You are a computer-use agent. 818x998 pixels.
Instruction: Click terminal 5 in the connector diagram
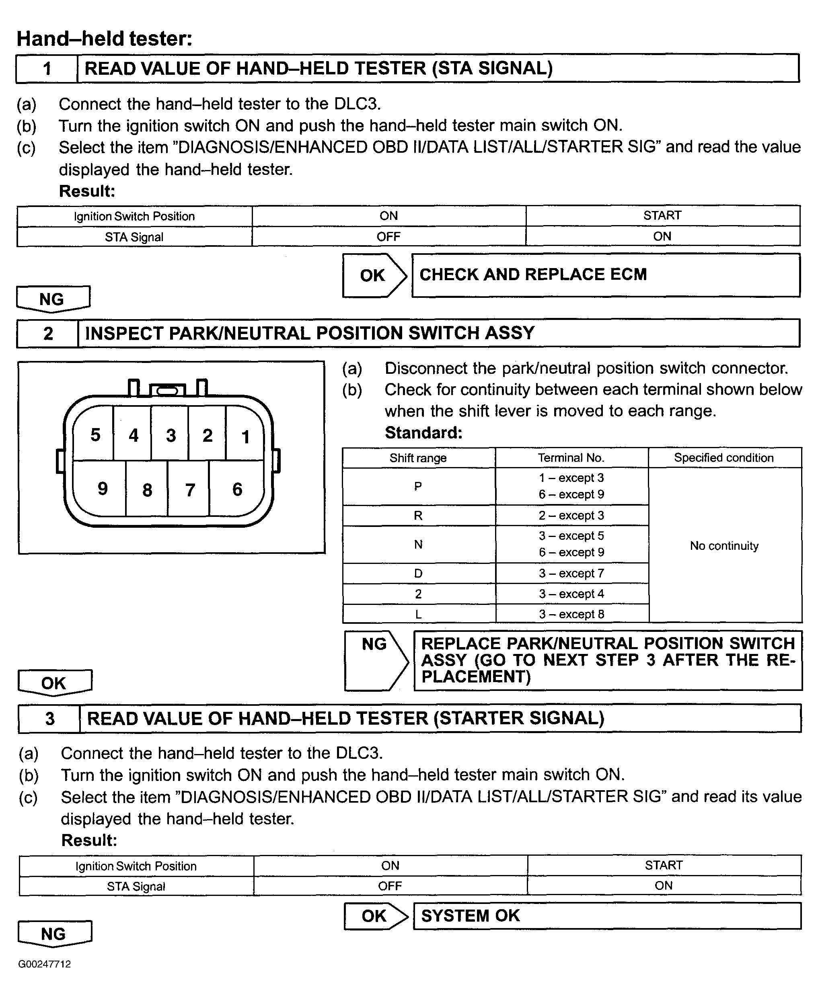pos(95,435)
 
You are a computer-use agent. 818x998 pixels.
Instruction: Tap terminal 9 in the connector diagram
pos(102,489)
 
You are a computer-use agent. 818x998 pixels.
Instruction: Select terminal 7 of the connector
pos(190,490)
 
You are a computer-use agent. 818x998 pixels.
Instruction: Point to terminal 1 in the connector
pos(245,436)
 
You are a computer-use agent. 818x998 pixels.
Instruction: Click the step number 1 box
pos(47,69)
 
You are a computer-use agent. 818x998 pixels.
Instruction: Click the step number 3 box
pos(49,719)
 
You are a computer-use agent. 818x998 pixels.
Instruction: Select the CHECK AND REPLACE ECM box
pos(606,275)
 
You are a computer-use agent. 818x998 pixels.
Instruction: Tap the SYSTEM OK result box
pos(607,916)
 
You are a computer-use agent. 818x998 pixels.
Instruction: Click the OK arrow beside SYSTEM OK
pos(376,916)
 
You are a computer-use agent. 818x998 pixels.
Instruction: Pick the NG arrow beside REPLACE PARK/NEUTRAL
pos(376,660)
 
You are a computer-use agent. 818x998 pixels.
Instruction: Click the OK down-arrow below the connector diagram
pos(55,683)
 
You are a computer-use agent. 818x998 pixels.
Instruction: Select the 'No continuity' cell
pos(724,545)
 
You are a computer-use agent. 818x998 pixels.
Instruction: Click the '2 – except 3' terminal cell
pos(571,515)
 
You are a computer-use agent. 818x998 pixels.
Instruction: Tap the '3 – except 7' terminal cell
pos(571,573)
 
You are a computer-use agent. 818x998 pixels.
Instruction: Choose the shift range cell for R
pos(418,515)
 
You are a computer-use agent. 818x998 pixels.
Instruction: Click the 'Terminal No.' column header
pos(571,458)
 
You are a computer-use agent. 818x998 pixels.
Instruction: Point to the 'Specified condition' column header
pos(724,458)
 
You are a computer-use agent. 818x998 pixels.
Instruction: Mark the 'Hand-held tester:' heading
pos(105,39)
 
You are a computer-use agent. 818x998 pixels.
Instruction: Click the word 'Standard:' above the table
pos(423,432)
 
